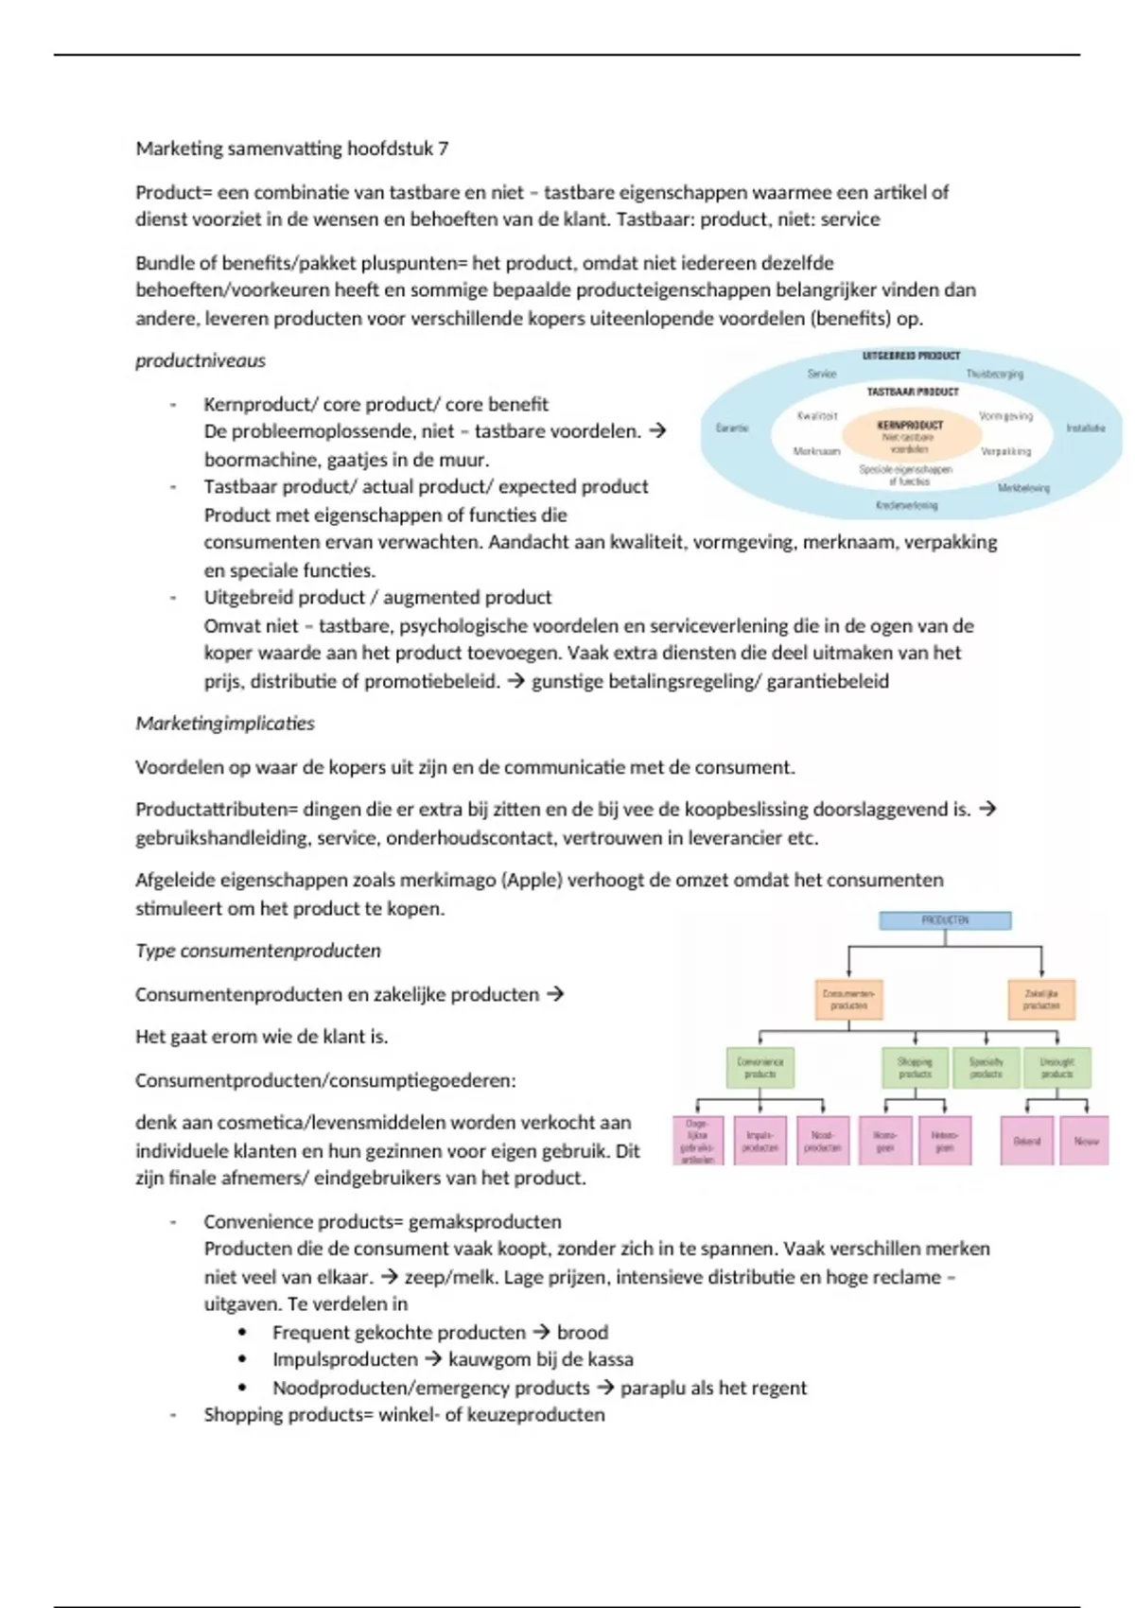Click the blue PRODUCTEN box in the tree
click(x=945, y=920)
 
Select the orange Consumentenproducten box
click(x=848, y=999)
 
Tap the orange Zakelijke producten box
click(x=1040, y=999)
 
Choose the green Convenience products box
click(x=760, y=1068)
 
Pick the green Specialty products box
click(x=986, y=1068)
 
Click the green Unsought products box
click(x=1056, y=1068)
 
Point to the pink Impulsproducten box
click(x=760, y=1141)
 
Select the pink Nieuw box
click(x=1085, y=1141)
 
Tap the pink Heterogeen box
click(x=944, y=1141)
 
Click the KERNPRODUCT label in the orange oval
click(x=910, y=425)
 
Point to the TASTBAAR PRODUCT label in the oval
click(x=913, y=392)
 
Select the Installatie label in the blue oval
click(x=1085, y=428)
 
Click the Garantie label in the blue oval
click(x=732, y=428)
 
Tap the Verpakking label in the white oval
click(x=1005, y=452)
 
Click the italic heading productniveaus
click(x=201, y=360)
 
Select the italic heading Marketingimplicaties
click(x=225, y=724)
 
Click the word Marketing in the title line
click(x=179, y=149)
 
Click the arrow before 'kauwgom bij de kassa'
click(x=432, y=1359)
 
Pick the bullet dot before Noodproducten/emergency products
click(x=243, y=1388)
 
